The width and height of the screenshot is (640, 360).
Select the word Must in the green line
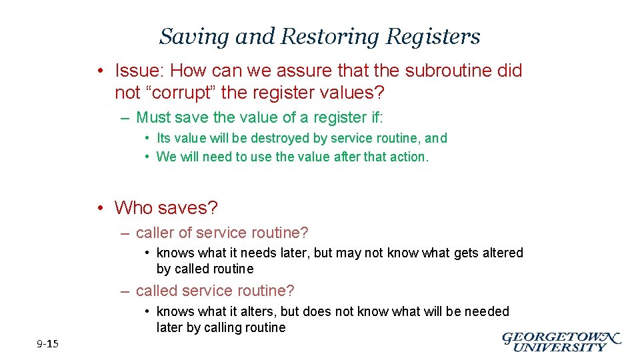tap(153, 118)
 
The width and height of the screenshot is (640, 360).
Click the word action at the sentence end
tap(411, 157)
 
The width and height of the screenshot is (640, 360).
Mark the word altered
tap(499, 253)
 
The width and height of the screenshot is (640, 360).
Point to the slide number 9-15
tap(47, 344)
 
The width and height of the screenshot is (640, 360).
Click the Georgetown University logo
tap(561, 341)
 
